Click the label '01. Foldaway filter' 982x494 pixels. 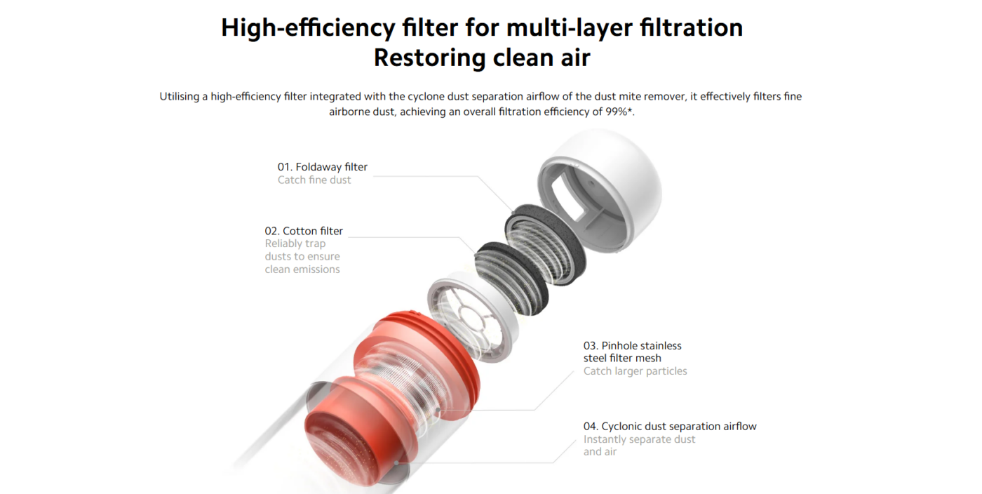pos(322,167)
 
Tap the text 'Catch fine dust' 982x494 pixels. pos(314,180)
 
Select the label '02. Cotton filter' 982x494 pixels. pos(303,231)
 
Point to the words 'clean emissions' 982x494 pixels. pos(302,269)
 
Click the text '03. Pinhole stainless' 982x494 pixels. pos(632,346)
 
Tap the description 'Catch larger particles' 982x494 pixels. pos(635,371)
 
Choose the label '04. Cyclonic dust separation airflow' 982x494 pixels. pos(670,427)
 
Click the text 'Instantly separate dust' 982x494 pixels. pos(639,439)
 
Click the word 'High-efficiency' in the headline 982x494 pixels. pos(308,28)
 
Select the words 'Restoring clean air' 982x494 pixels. pos(482,58)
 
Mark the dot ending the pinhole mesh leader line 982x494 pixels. pos(438,410)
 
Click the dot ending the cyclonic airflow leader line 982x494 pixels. pos(396,463)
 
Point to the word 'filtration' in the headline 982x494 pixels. pos(692,27)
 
